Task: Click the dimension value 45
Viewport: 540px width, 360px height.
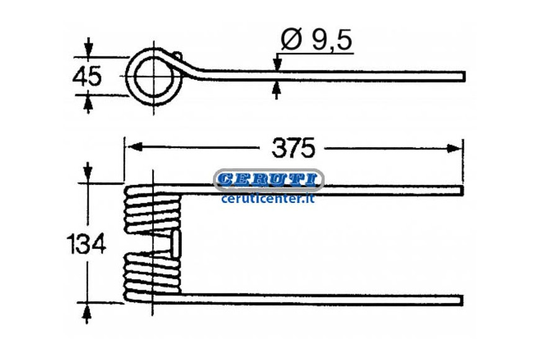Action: pos(87,76)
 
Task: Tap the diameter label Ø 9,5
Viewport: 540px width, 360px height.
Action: pos(317,40)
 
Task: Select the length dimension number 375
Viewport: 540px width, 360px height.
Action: pos(293,148)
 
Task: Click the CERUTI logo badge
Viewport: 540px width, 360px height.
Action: pos(269,180)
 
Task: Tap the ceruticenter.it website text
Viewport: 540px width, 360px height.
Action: pos(268,199)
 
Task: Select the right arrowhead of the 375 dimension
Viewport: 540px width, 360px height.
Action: pos(454,148)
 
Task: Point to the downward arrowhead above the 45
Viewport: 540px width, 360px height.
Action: pos(89,48)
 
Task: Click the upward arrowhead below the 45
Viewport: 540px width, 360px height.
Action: pos(89,104)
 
